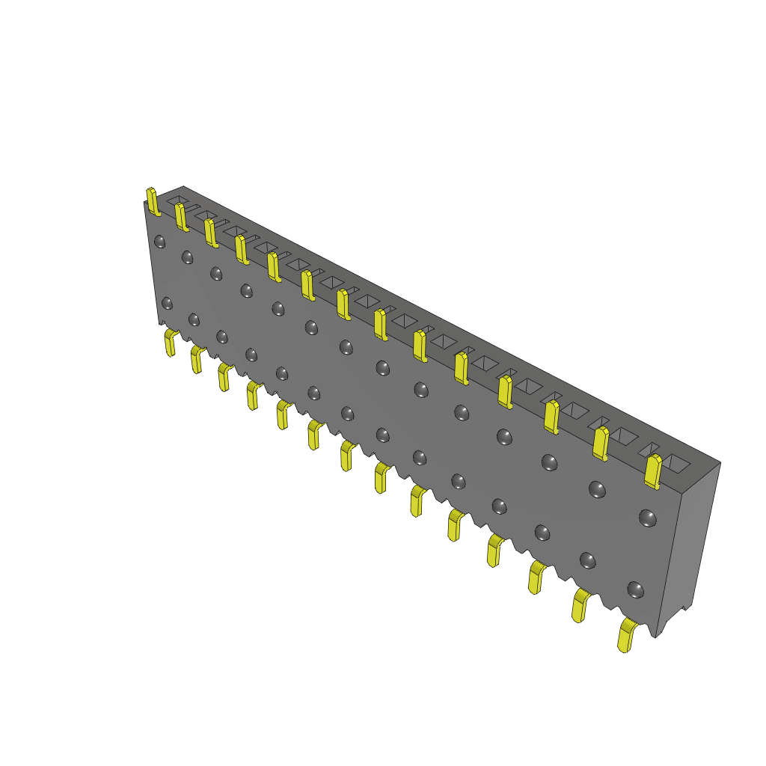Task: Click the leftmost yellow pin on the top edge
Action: click(152, 201)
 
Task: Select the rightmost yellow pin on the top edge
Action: click(653, 471)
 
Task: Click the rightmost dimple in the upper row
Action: click(647, 517)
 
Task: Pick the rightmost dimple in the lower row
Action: click(635, 589)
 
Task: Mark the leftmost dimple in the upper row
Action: click(159, 241)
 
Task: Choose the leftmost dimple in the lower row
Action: click(167, 303)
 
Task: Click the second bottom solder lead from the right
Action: click(580, 605)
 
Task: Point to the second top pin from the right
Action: click(600, 443)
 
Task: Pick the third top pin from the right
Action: click(551, 417)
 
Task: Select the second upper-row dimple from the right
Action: click(597, 489)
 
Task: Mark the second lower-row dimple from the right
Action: click(588, 560)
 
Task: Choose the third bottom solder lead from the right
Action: click(536, 577)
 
